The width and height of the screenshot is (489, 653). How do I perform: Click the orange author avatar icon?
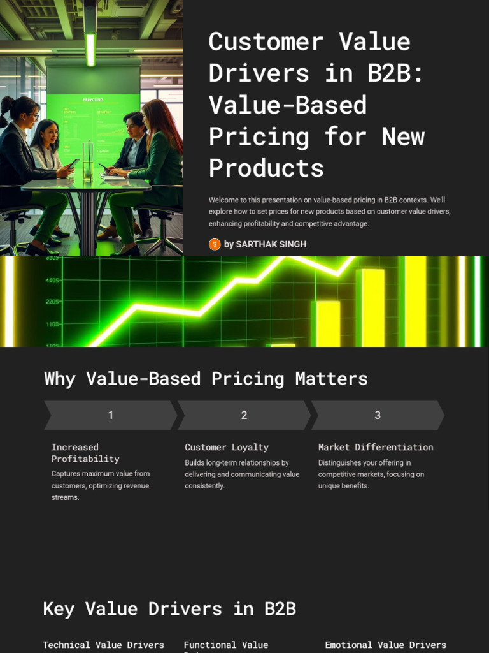215,244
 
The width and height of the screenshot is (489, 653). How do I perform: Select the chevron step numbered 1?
110,415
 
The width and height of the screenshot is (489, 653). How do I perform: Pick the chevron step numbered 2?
244,415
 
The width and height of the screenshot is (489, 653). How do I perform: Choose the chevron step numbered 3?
377,415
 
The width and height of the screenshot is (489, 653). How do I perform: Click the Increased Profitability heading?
85,453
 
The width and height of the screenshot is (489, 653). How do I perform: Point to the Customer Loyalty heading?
227,447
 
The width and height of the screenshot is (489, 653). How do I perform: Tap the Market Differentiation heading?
376,447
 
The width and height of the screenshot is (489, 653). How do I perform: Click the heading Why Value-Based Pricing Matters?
206,378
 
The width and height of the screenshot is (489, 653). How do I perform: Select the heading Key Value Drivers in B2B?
169,608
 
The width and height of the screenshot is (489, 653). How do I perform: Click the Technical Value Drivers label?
103,645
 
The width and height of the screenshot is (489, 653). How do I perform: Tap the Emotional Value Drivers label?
385,645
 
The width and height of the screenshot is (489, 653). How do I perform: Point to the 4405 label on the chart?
52,280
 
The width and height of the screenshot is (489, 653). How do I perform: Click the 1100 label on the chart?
52,325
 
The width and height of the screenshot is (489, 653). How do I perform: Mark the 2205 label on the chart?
52,302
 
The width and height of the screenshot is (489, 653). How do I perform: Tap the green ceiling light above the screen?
90,49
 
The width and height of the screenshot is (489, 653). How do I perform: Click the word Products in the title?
266,168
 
